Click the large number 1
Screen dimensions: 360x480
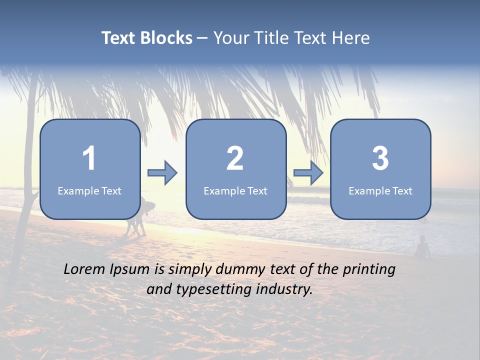tap(89, 158)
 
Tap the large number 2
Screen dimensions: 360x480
tap(235, 158)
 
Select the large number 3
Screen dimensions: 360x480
tap(380, 158)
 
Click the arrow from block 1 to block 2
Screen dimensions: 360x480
tap(162, 173)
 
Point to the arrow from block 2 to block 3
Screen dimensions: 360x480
tap(308, 173)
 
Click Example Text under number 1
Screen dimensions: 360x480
tap(89, 191)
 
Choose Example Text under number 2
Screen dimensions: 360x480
tap(235, 191)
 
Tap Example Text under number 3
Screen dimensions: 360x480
tap(380, 191)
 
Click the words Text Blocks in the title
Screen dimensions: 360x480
tap(147, 38)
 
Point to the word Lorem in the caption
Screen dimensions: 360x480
tap(84, 269)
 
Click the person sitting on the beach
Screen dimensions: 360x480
tap(423, 247)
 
